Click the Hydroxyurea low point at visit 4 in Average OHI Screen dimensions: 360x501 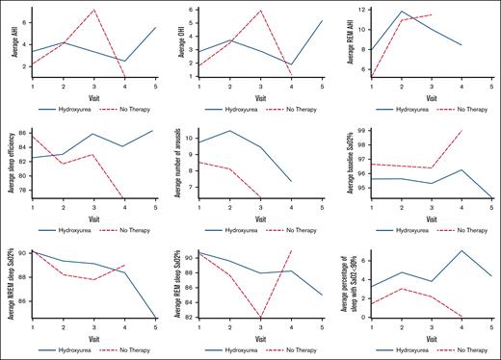point(291,64)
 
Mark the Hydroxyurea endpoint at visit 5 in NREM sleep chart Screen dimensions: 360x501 point(153,317)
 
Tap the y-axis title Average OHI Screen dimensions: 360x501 point(178,41)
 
